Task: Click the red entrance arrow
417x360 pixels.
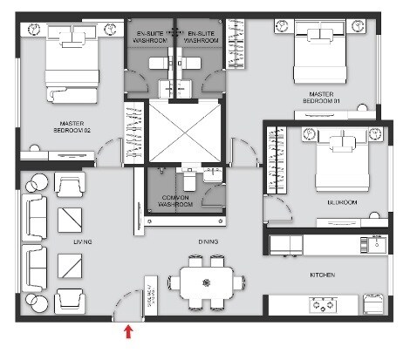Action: coord(129,331)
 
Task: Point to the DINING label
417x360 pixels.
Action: coord(207,242)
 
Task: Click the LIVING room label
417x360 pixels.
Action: coord(84,241)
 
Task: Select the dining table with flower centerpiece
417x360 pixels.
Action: coord(206,282)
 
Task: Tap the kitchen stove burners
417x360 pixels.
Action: coord(325,305)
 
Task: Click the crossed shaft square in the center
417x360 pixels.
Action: coord(184,132)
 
